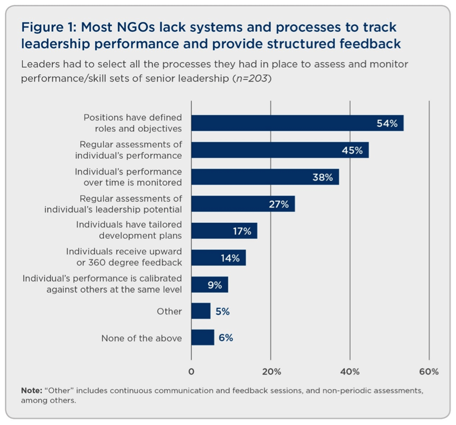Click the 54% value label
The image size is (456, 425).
[387, 123]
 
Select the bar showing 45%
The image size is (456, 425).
[280, 150]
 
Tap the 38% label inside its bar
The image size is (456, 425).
[322, 177]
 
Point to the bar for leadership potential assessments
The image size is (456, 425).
[243, 204]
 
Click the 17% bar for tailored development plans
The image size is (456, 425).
[224, 231]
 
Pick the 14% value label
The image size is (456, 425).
[230, 258]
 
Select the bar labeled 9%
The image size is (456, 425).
[210, 284]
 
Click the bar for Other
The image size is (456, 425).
[201, 311]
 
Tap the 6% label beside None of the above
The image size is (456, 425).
[226, 337]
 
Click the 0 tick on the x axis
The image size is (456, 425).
[191, 371]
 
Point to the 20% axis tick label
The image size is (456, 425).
[271, 371]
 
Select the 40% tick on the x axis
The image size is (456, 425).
[350, 371]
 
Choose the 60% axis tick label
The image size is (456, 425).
[429, 371]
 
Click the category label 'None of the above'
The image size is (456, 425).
[141, 338]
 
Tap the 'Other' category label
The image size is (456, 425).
[169, 311]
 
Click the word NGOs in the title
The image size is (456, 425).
[136, 27]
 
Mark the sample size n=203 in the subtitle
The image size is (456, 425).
[252, 78]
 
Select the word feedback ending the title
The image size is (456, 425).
[370, 44]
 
